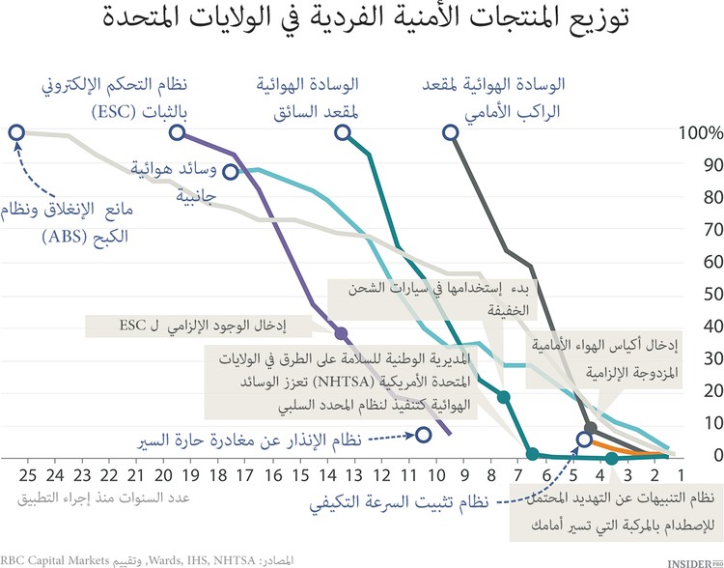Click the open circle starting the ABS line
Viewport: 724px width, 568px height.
pyautogui.click(x=15, y=133)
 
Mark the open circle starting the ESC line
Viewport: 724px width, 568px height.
pyautogui.click(x=178, y=133)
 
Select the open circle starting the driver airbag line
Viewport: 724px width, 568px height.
pyautogui.click(x=342, y=133)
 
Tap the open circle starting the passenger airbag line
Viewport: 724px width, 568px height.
pyautogui.click(x=450, y=133)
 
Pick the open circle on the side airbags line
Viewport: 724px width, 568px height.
pyautogui.click(x=231, y=172)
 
